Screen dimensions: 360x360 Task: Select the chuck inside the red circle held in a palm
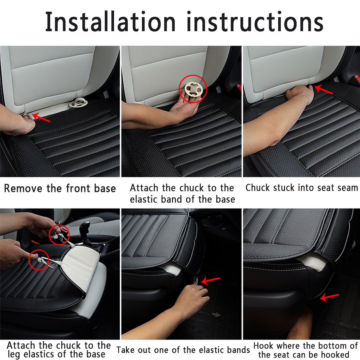click(x=193, y=89)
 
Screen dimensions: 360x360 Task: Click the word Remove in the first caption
click(x=23, y=188)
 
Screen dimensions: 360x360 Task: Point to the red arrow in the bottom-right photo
click(x=329, y=297)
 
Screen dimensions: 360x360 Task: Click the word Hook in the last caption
click(x=263, y=346)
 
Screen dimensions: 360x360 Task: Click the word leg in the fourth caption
click(x=13, y=354)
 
